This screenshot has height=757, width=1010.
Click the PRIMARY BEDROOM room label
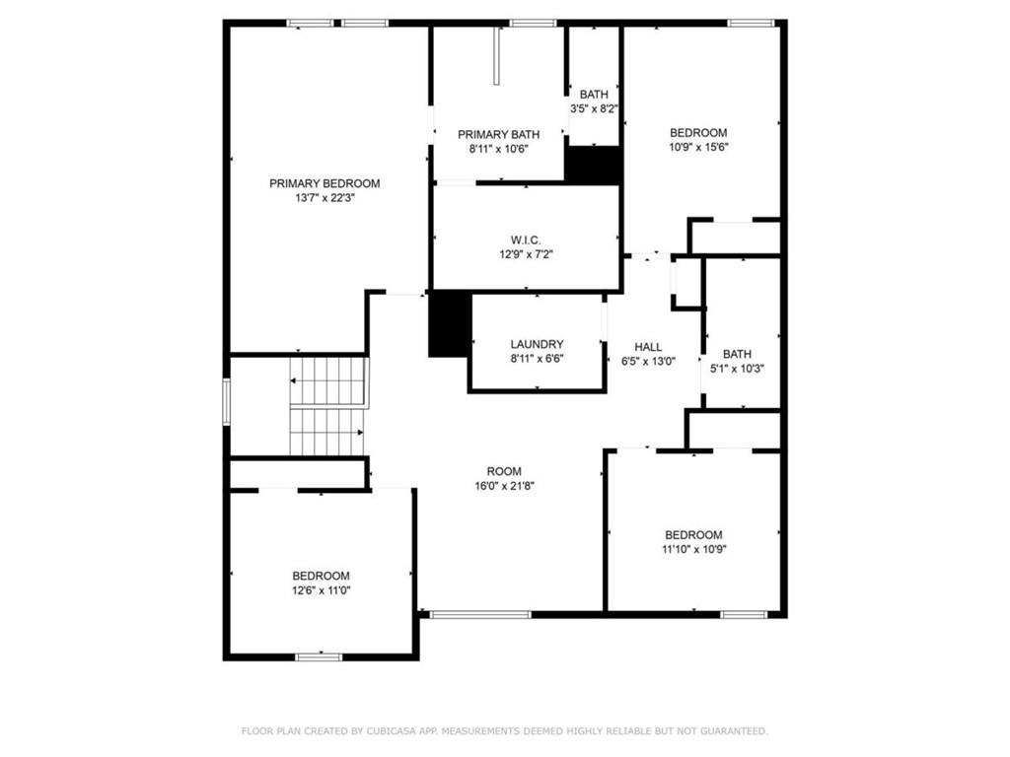click(325, 183)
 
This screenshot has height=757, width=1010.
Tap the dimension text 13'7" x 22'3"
click(325, 198)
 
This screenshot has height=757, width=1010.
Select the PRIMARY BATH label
click(498, 134)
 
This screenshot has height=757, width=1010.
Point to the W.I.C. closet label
click(527, 241)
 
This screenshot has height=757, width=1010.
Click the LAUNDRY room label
click(538, 344)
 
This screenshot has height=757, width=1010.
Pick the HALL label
click(648, 347)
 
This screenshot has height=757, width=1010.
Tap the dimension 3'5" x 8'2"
click(594, 108)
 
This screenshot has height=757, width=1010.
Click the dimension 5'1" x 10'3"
click(737, 369)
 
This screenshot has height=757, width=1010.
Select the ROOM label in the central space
click(504, 471)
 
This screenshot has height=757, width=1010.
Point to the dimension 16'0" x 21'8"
click(504, 486)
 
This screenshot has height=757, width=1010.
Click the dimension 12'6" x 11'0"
click(321, 590)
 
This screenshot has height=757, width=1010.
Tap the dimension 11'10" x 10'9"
click(693, 549)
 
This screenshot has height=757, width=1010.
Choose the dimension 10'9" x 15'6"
click(699, 147)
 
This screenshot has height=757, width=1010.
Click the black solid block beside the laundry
click(450, 323)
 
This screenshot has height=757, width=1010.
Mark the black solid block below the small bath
click(593, 165)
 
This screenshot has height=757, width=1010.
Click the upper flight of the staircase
click(328, 381)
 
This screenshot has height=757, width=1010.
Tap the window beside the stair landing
click(227, 402)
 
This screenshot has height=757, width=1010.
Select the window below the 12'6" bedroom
click(319, 656)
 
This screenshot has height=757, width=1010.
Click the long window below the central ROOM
click(480, 615)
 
